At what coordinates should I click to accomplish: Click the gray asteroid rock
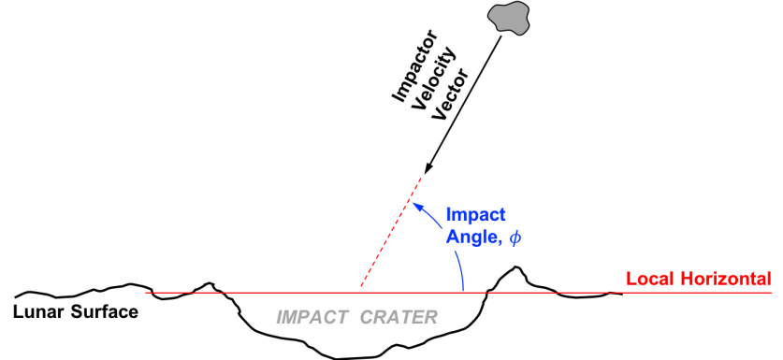[508, 18]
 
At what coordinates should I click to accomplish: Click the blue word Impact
[475, 214]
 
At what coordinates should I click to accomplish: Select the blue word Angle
[471, 238]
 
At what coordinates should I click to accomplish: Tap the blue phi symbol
[515, 238]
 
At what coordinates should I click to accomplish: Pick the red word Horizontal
[724, 279]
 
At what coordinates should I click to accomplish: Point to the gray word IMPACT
[312, 318]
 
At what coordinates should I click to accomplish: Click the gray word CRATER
[399, 318]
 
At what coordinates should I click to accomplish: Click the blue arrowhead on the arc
[417, 206]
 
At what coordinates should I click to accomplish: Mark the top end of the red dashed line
[422, 176]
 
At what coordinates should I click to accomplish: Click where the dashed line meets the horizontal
[358, 292]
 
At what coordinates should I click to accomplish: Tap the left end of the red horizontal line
[146, 293]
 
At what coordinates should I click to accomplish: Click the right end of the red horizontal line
[772, 293]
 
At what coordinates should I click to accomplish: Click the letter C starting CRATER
[366, 318]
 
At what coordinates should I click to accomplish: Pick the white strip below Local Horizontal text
[689, 303]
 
